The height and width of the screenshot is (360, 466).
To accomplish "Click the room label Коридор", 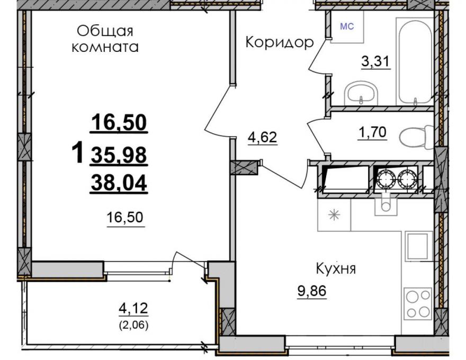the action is coord(280,42).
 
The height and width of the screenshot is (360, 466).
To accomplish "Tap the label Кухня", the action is coord(336,269).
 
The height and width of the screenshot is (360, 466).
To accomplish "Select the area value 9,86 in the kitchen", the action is coord(312,291).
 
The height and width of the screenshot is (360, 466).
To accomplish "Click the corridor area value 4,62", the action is coord(263,137).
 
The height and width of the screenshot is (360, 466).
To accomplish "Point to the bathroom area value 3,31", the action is coord(375,62).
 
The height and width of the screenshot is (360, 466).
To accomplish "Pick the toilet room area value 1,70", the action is coord(372,132).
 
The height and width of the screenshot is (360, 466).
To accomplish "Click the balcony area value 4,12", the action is coord(133,308).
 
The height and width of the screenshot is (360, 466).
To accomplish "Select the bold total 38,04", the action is coord(119,183).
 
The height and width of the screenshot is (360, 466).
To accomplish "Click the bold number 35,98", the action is coord(119,155).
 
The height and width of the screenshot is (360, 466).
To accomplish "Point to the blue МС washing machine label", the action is coord(347,26).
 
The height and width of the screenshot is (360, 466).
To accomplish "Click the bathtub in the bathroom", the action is coord(415,61).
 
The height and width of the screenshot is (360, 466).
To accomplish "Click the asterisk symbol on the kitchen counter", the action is coord(334,215).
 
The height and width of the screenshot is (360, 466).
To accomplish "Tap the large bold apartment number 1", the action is coord(78,152).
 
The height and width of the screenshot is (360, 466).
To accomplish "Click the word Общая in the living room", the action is coord(105,31).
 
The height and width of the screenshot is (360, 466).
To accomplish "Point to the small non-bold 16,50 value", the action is coord(125,218).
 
